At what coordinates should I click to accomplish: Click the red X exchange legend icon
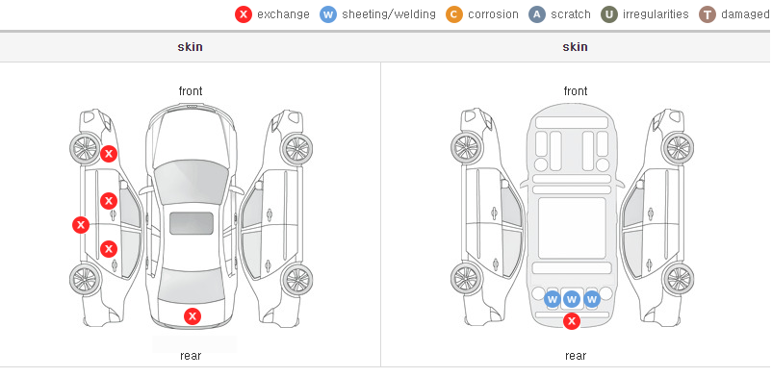[x=244, y=14]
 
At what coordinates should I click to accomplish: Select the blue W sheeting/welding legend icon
[x=328, y=14]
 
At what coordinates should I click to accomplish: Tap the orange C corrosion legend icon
[x=454, y=14]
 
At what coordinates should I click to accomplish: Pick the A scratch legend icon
[x=537, y=14]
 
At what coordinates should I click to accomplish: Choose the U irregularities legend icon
[x=609, y=14]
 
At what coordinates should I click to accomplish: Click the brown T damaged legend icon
[x=707, y=14]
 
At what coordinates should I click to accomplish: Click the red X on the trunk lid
[x=193, y=316]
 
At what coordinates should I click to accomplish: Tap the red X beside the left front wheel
[x=109, y=154]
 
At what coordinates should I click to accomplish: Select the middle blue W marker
[x=572, y=299]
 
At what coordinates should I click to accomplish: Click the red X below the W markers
[x=572, y=321]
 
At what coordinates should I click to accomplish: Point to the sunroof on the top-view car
[x=192, y=223]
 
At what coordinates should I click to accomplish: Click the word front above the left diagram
[x=191, y=91]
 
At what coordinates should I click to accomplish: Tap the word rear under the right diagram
[x=576, y=356]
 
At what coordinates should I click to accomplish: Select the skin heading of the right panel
[x=575, y=47]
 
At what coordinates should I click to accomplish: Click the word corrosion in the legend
[x=494, y=14]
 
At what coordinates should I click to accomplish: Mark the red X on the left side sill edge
[x=81, y=225]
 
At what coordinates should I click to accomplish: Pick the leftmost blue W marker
[x=553, y=299]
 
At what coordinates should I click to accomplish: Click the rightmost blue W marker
[x=592, y=299]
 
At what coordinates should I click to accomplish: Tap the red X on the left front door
[x=109, y=201]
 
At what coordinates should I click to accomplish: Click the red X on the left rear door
[x=109, y=249]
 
